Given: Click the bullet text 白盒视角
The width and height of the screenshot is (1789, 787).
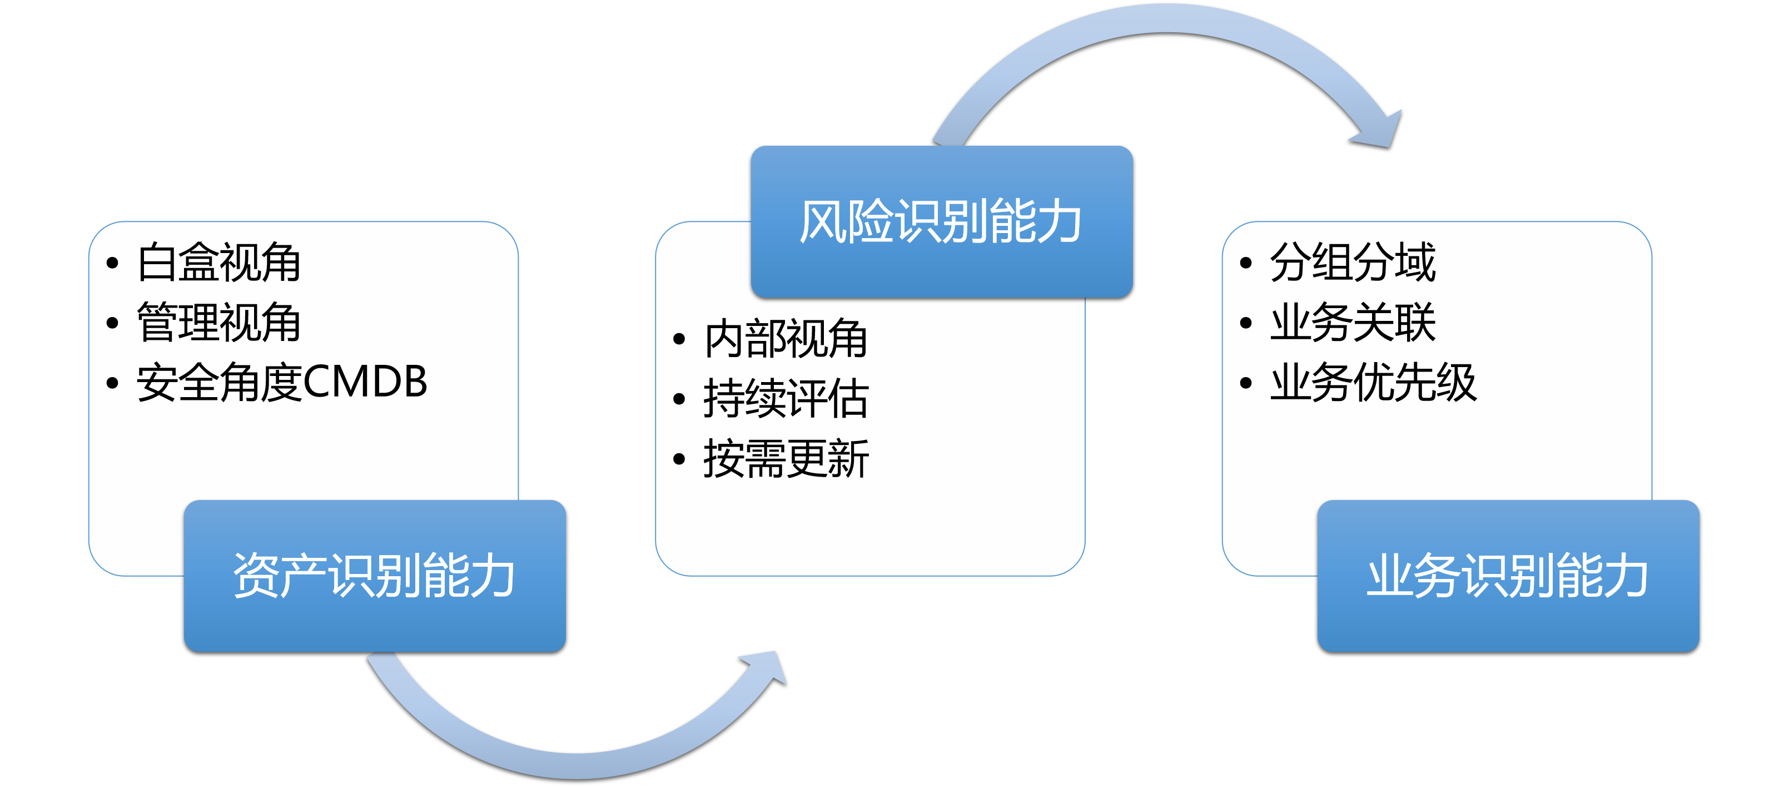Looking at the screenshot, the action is pos(219,263).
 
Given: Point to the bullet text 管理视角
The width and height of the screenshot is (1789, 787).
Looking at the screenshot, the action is pos(219,322).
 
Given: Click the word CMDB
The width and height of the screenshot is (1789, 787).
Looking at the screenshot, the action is pos(365,382).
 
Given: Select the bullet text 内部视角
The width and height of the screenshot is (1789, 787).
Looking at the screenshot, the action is pos(786,339).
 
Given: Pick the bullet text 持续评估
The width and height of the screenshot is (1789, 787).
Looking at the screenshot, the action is pos(786,399).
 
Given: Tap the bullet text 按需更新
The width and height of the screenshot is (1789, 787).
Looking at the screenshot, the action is pos(786,458).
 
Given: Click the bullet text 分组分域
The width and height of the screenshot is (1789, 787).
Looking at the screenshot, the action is pos(1352,263).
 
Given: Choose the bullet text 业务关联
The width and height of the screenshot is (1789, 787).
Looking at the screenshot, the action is pos(1352,322).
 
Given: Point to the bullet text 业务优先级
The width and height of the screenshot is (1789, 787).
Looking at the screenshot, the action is pos(1373,382).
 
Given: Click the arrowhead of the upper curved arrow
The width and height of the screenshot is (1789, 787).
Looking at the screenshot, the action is pos(1379,131).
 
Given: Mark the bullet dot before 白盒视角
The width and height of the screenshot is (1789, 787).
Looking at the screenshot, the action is pos(112,263).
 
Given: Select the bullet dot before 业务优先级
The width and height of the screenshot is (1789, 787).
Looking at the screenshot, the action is pos(1246,383).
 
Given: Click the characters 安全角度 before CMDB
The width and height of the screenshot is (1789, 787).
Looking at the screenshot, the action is pos(220,382).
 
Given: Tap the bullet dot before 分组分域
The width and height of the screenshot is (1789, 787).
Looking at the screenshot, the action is pos(1246,263).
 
